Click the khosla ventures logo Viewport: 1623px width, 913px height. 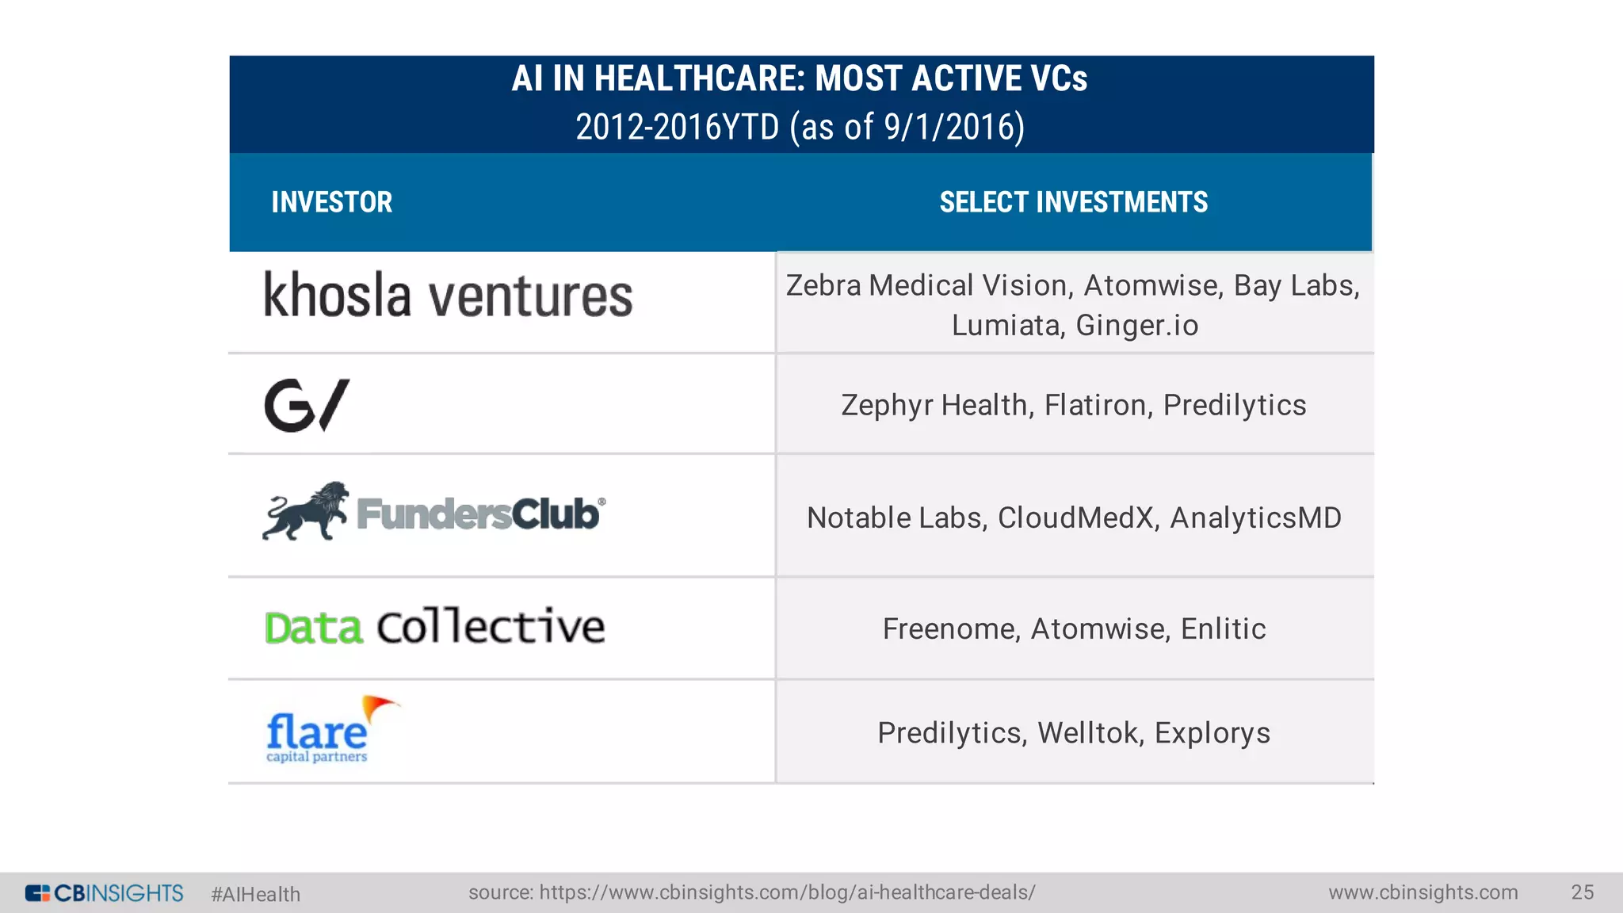448,296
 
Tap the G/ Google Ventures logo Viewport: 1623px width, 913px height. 306,405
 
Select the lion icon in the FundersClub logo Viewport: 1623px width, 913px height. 305,512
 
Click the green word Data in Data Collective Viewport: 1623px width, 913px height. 314,628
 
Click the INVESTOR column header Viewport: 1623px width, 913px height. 331,202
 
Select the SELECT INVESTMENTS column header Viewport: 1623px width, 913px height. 1073,202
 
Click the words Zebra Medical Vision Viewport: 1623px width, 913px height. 929,285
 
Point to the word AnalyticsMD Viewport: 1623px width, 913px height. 1255,518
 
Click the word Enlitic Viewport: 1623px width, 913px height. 1223,628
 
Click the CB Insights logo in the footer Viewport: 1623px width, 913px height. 104,893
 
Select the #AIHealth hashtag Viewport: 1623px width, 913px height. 255,894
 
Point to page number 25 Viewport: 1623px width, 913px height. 1582,892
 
